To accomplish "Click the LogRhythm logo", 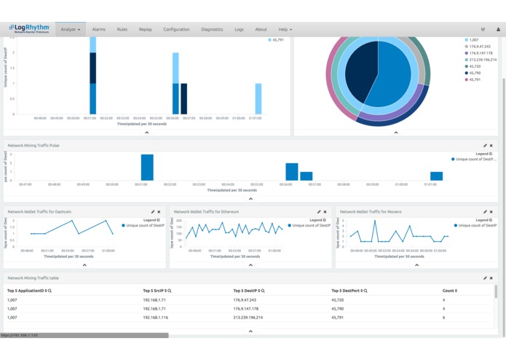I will click(29, 28).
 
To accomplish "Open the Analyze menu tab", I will click(71, 30).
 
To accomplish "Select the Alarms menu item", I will click(98, 30).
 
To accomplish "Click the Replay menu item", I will click(146, 30).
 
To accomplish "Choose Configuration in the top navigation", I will click(176, 30).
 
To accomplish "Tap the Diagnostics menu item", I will click(212, 30).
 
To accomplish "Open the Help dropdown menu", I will click(285, 30).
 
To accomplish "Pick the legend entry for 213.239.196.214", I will click(483, 60).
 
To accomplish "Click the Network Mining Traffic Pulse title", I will click(33, 146).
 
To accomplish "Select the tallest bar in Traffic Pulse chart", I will click(147, 167).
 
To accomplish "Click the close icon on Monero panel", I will click(491, 212).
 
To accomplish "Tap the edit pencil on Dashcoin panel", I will click(153, 212).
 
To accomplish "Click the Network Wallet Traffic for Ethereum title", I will click(206, 212).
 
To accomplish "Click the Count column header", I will click(449, 291).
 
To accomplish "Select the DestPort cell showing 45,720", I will click(338, 300).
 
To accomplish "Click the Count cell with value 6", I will click(443, 318).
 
